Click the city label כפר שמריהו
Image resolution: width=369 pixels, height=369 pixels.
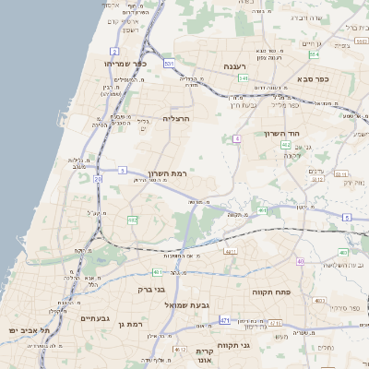click(x=120, y=64)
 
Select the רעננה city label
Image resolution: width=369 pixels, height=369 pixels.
click(x=240, y=65)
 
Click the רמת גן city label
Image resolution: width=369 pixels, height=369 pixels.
click(x=134, y=324)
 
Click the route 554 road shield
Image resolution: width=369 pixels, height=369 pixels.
click(x=315, y=55)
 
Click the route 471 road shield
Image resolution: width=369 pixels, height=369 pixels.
click(x=224, y=319)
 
